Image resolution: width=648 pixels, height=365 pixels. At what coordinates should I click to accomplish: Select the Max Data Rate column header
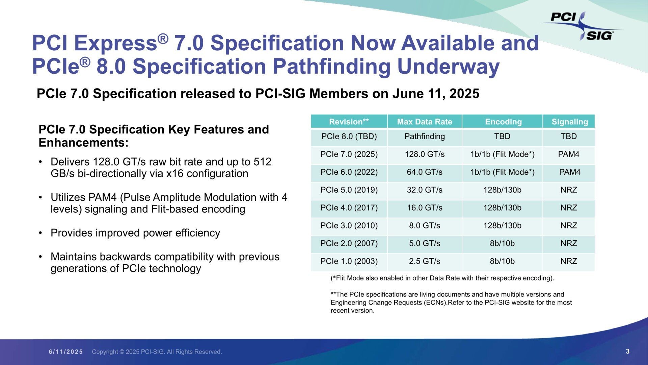click(x=424, y=122)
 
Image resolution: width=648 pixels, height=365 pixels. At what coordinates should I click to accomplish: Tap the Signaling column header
click(x=569, y=122)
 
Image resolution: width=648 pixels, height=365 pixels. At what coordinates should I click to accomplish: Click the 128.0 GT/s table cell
click(x=424, y=154)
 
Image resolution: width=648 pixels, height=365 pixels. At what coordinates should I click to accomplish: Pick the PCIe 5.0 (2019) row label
click(x=349, y=190)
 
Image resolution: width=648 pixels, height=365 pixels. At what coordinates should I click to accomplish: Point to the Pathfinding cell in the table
click(x=424, y=137)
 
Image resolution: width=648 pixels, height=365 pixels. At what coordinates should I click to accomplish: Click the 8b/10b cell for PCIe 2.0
click(x=502, y=243)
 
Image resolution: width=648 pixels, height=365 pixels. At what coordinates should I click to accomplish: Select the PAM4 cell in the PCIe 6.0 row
click(x=569, y=172)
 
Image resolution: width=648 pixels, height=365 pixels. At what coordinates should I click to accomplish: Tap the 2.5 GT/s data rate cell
click(x=424, y=261)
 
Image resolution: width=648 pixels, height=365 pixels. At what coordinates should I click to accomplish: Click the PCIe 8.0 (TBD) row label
click(x=349, y=137)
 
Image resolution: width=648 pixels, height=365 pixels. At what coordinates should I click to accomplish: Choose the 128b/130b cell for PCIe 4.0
click(x=502, y=208)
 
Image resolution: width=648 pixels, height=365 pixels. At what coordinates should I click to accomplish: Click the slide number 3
click(x=627, y=351)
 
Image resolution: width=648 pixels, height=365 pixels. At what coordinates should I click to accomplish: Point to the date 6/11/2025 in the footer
click(x=66, y=352)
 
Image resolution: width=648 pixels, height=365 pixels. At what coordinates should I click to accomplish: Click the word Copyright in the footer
click(x=105, y=352)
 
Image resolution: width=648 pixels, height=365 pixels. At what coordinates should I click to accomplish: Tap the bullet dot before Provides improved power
click(x=40, y=233)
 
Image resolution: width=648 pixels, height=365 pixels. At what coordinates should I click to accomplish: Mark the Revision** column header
click(x=349, y=122)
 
